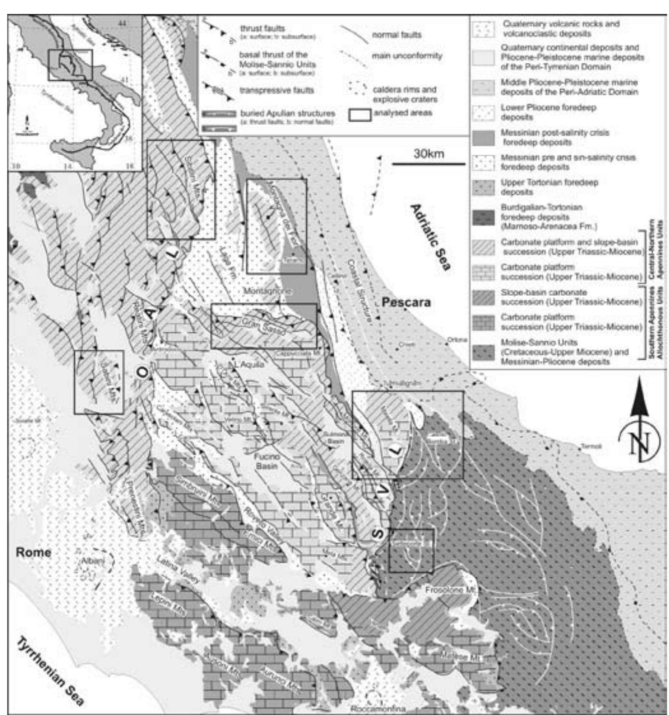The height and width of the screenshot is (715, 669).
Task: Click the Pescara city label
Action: tap(406, 303)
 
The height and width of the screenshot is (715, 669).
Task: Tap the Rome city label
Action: tap(33, 552)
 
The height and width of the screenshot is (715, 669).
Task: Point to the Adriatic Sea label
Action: tap(430, 237)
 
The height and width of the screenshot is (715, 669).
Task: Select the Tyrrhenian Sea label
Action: tap(50, 671)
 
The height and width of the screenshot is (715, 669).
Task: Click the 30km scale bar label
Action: tap(429, 154)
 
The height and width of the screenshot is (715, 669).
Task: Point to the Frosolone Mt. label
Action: tap(451, 590)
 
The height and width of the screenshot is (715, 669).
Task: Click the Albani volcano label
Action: tap(93, 561)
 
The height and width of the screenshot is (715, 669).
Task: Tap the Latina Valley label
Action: tap(178, 569)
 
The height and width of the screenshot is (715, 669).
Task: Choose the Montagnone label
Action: tap(267, 291)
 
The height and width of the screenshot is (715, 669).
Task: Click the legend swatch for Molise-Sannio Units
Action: tap(484, 352)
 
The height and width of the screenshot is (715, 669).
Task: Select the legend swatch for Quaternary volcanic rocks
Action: tap(484, 29)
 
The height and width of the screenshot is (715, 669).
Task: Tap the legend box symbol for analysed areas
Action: tap(359, 115)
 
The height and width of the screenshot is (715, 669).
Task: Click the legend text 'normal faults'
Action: tap(397, 35)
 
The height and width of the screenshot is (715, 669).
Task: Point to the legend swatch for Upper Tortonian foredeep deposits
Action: tap(484, 187)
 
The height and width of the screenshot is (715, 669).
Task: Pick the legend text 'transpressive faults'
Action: tap(277, 90)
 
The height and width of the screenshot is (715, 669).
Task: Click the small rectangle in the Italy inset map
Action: tap(70, 65)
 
